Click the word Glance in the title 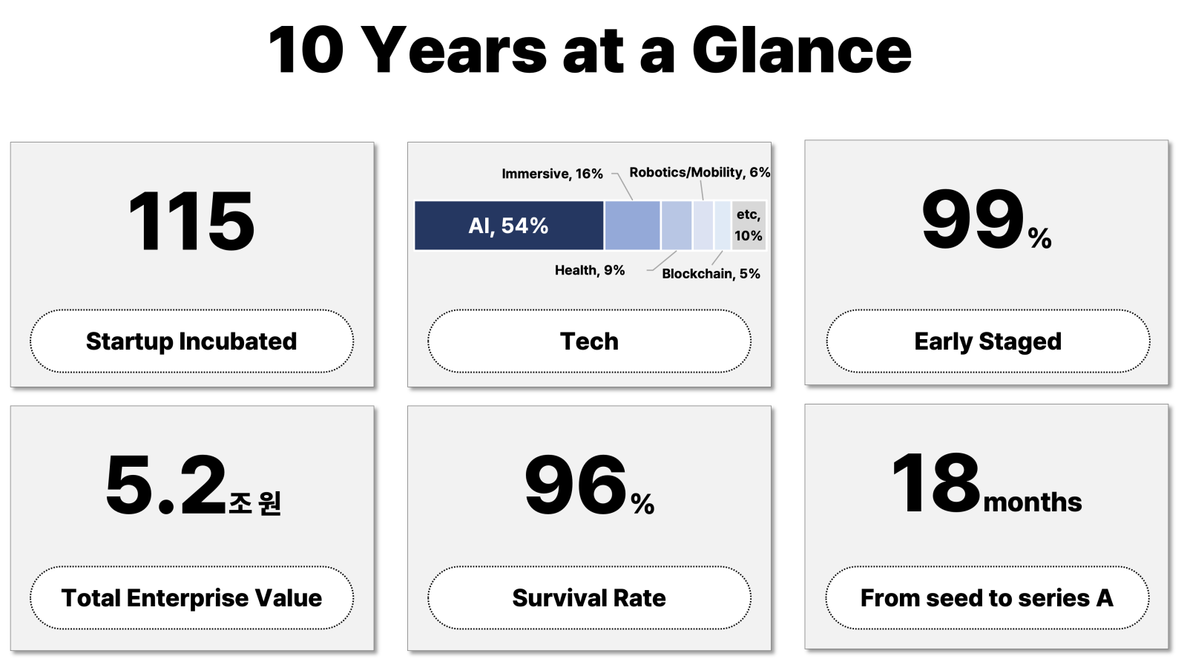(802, 50)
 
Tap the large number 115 (191, 221)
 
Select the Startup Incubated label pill (192, 341)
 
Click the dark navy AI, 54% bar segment (509, 226)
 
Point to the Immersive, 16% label (552, 174)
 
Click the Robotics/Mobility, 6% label (700, 173)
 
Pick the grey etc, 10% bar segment (749, 226)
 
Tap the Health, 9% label (590, 270)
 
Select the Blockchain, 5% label (711, 274)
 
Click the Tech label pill (589, 341)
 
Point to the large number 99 (973, 220)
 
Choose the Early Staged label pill (987, 341)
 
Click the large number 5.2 (166, 485)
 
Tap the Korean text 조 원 (255, 502)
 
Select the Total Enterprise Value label (192, 598)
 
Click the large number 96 (576, 485)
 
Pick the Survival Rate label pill (589, 598)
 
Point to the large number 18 (936, 483)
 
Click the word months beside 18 (1033, 502)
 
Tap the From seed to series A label (987, 598)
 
